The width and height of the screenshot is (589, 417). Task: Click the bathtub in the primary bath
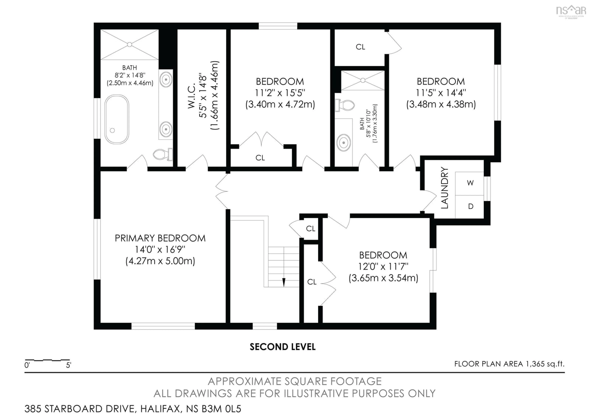click(x=117, y=119)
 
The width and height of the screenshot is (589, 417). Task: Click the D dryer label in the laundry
click(x=470, y=206)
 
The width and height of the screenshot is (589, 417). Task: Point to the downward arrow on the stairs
click(x=284, y=282)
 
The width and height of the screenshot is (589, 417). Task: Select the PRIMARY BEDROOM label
click(x=160, y=238)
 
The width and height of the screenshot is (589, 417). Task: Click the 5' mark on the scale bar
click(x=69, y=365)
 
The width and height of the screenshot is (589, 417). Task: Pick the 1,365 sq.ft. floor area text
click(x=545, y=364)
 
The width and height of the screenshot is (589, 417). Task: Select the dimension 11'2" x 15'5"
click(x=280, y=93)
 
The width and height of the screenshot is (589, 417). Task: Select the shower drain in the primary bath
click(x=130, y=45)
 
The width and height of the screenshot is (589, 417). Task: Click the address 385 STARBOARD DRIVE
click(x=79, y=409)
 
